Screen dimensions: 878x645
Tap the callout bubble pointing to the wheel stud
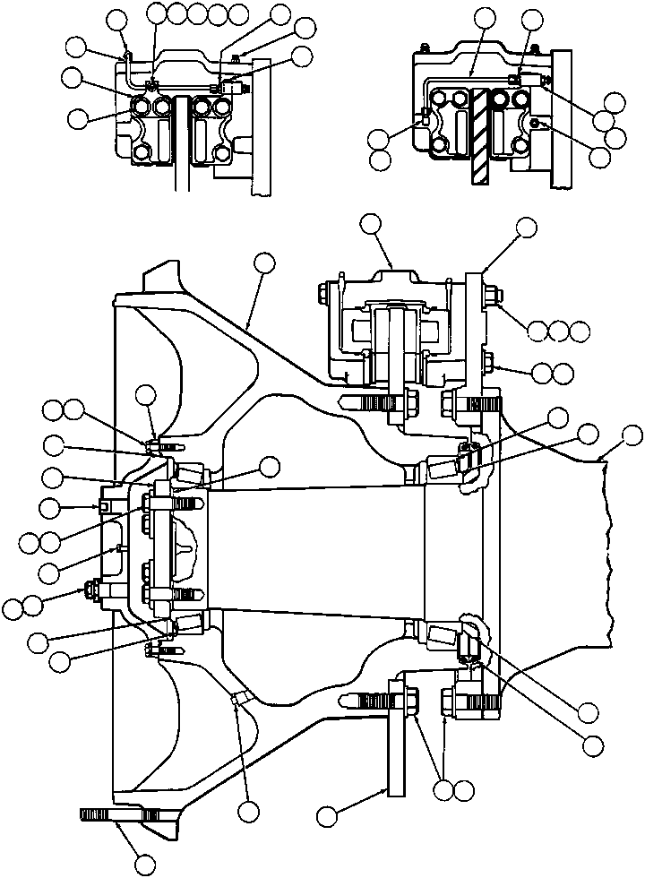point(144,865)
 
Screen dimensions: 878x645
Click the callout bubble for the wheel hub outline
point(263,262)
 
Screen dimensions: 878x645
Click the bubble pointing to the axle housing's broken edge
point(632,436)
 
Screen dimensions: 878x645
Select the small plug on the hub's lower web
point(236,697)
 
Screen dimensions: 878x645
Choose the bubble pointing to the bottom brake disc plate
point(327,815)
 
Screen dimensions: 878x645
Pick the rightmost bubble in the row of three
point(580,331)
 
